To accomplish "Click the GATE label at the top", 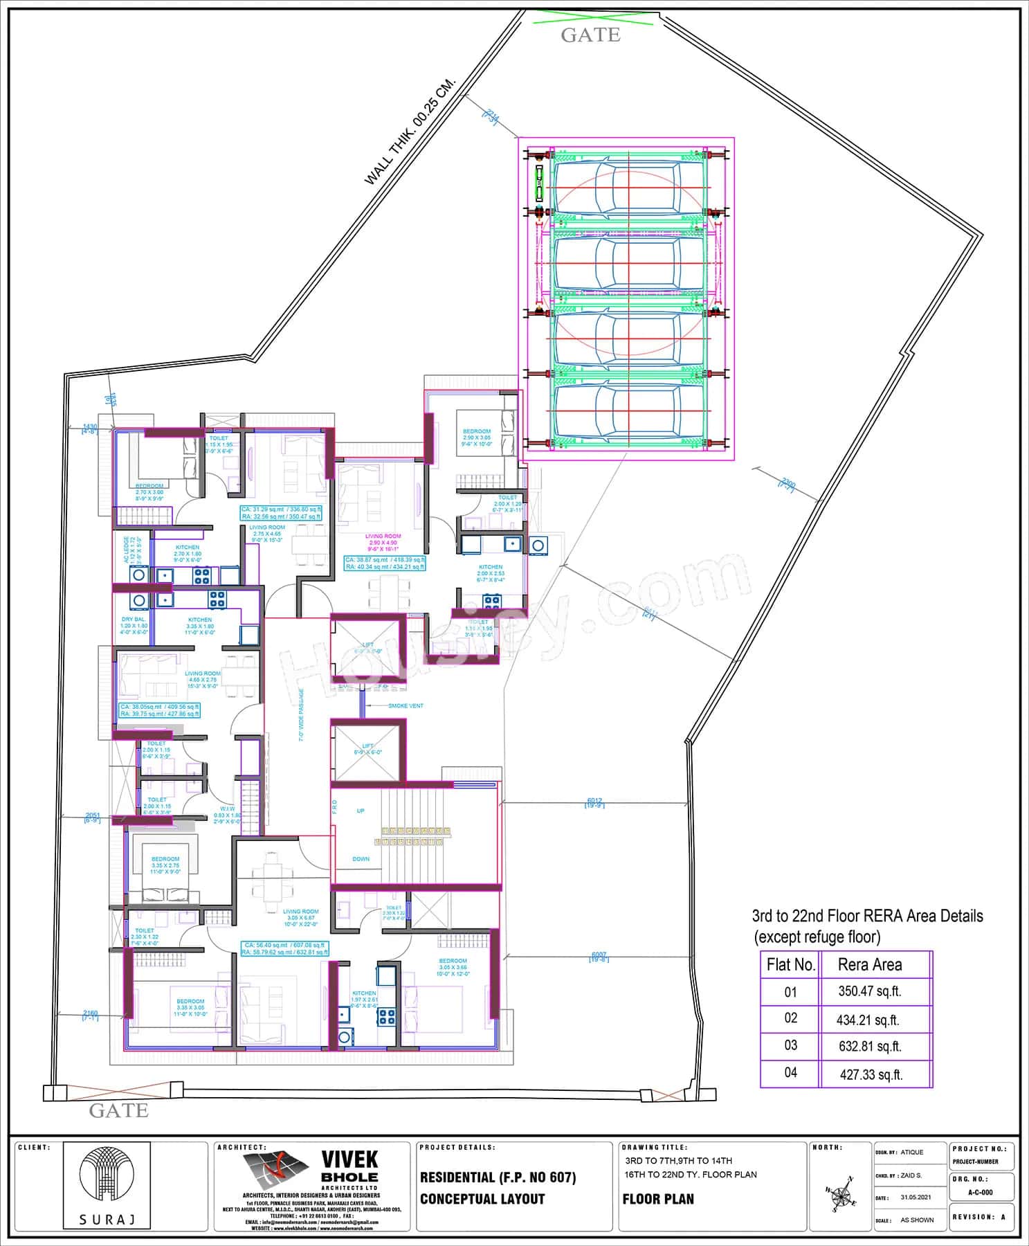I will tap(590, 35).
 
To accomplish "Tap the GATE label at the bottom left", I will tap(119, 1110).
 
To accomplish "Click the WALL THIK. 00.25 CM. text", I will tap(410, 131).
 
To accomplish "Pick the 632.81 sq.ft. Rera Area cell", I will tap(870, 1046).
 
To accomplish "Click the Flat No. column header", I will tap(790, 964).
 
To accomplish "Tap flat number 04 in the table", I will tap(790, 1072).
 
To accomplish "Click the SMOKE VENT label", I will tap(406, 706).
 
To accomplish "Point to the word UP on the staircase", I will tap(361, 811).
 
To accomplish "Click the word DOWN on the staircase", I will tap(361, 859).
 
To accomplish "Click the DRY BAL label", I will tap(134, 620).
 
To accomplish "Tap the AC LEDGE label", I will tap(127, 550).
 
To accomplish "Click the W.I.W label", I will tap(227, 809).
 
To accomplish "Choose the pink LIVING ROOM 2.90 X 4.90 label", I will tap(383, 536).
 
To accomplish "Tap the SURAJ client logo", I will tap(107, 1184).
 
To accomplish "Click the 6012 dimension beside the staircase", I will tap(594, 801).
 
